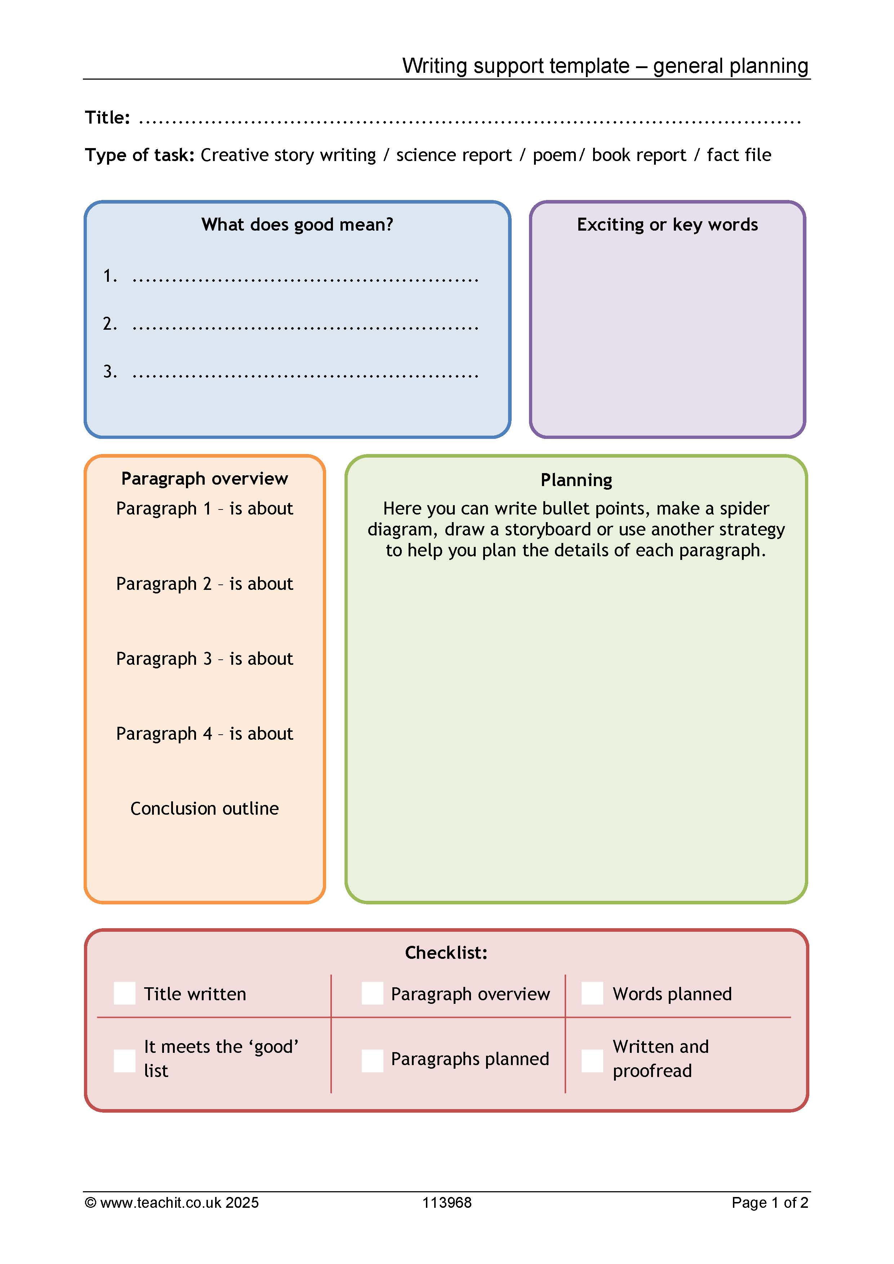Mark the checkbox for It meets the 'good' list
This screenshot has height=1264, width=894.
click(x=124, y=1061)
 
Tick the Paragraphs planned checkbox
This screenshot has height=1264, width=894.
click(x=372, y=1061)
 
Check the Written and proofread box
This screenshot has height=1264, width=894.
click(x=592, y=1061)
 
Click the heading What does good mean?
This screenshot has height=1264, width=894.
click(x=297, y=224)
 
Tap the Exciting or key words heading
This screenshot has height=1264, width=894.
click(x=667, y=224)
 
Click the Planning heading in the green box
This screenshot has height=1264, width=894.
click(x=577, y=480)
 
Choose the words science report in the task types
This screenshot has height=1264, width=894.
click(x=454, y=155)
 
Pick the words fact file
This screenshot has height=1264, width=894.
click(x=739, y=155)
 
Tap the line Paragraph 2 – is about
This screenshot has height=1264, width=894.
click(x=205, y=584)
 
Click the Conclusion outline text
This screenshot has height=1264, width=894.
click(x=205, y=808)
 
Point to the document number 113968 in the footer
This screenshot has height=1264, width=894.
click(x=447, y=1203)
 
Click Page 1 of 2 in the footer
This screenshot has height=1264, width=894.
click(x=770, y=1203)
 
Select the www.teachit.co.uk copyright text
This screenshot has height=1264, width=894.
click(x=172, y=1203)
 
